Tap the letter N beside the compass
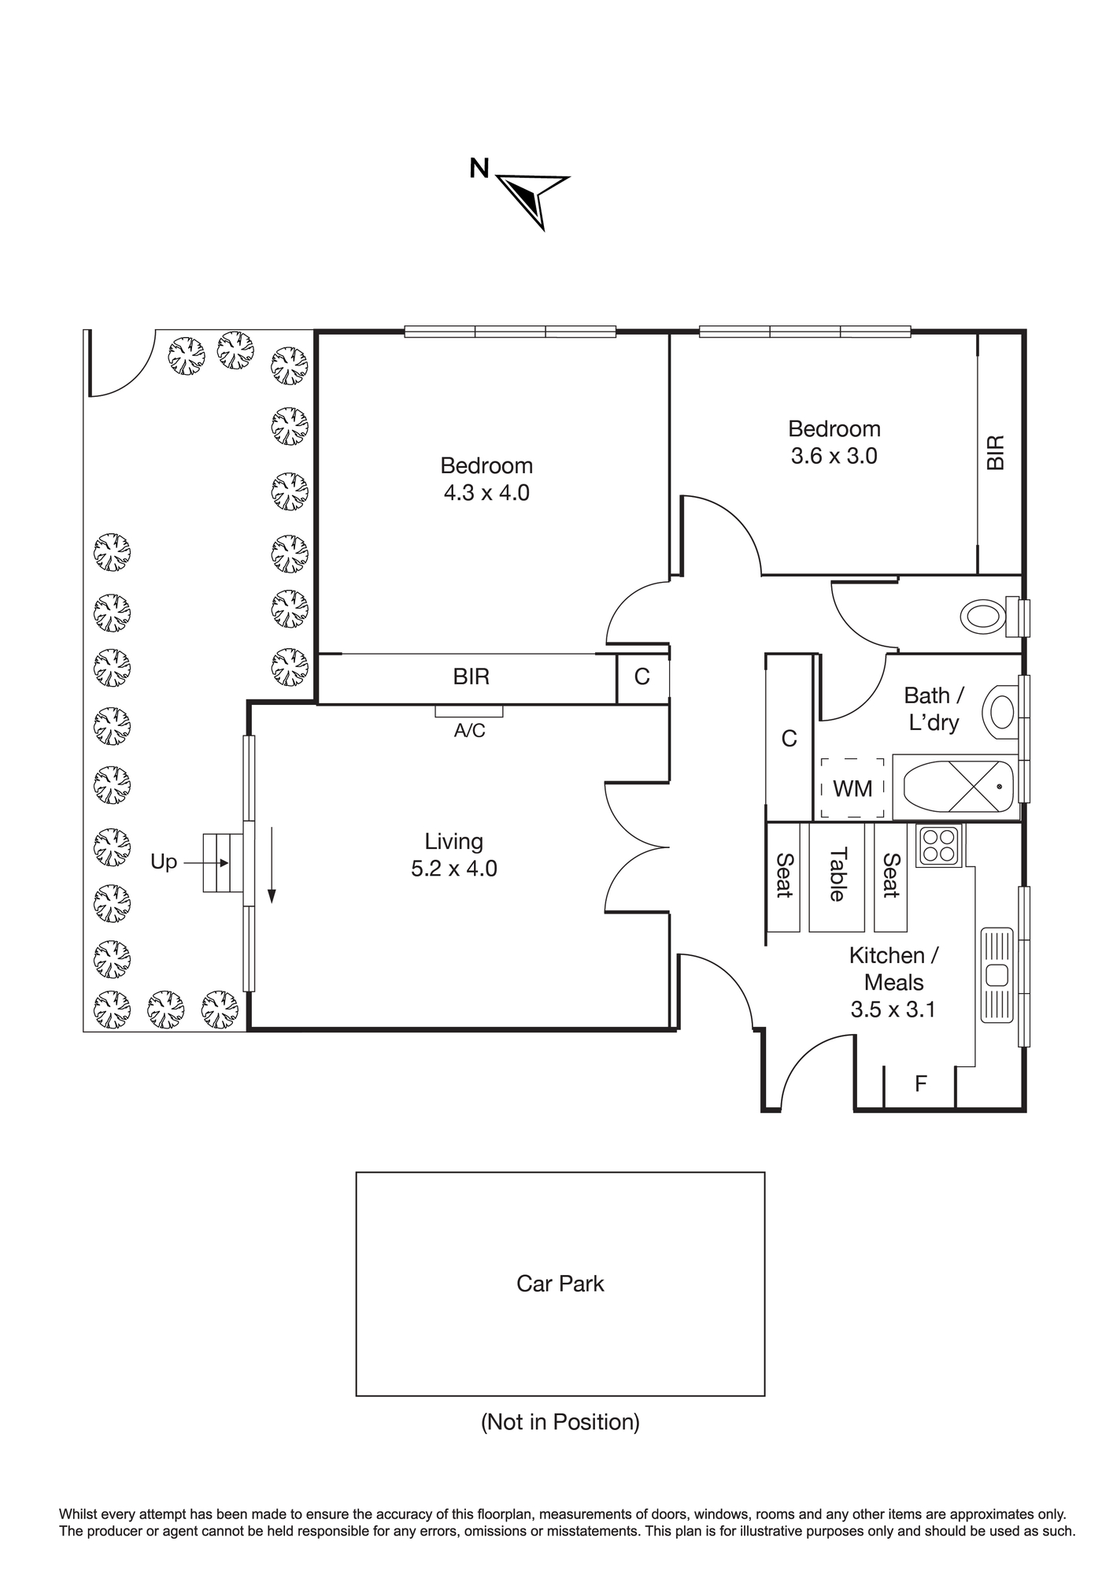[x=479, y=168]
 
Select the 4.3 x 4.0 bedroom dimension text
[x=486, y=493]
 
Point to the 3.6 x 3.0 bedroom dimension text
[x=834, y=456]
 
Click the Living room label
[x=454, y=842]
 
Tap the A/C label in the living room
[x=470, y=731]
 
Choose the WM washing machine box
[x=852, y=788]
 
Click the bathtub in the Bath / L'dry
[x=956, y=787]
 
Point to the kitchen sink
[x=997, y=975]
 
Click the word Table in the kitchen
[x=838, y=874]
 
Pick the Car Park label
[x=560, y=1284]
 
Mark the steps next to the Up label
[x=224, y=862]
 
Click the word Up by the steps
[x=164, y=863]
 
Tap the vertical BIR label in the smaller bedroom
[x=996, y=453]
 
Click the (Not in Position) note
[x=560, y=1422]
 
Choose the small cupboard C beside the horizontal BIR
[x=643, y=677]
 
